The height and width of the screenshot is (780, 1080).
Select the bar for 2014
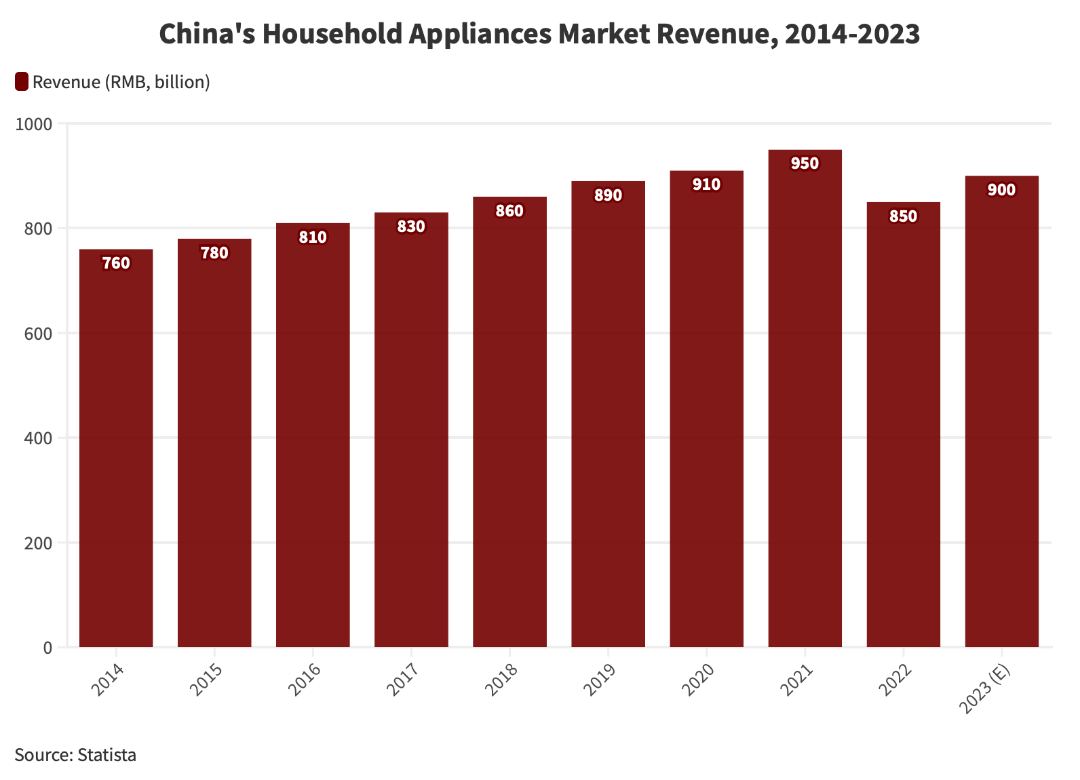click(x=116, y=448)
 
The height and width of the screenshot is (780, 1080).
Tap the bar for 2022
click(x=903, y=427)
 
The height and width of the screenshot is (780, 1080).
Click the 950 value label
click(x=805, y=163)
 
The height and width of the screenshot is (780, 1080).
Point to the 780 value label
click(x=214, y=253)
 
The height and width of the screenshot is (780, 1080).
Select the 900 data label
click(x=1001, y=190)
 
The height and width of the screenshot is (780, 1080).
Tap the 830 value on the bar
click(x=411, y=227)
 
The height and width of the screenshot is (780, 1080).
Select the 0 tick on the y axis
click(x=47, y=648)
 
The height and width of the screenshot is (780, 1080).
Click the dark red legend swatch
click(x=22, y=82)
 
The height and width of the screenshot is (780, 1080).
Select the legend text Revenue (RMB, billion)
click(x=121, y=82)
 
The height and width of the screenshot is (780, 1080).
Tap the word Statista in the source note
click(x=107, y=755)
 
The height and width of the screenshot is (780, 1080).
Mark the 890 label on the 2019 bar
click(x=608, y=195)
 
